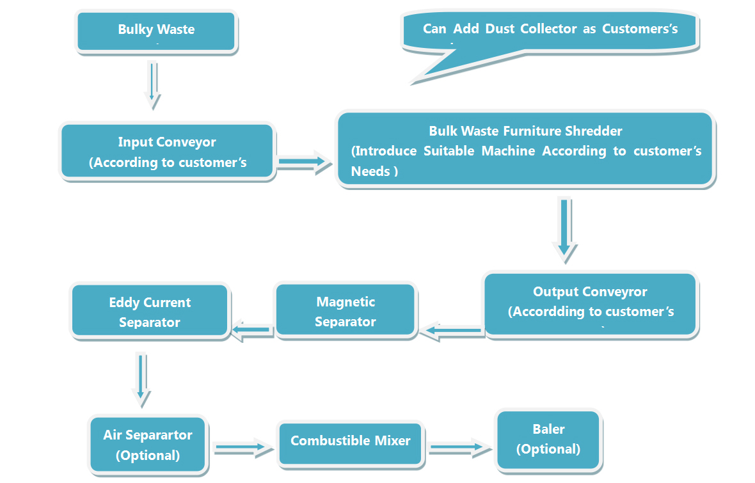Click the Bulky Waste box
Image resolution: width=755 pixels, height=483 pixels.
tap(157, 30)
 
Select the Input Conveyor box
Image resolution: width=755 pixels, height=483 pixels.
tap(168, 152)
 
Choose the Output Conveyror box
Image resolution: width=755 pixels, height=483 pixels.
tap(590, 304)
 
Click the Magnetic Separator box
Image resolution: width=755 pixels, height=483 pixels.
tap(346, 311)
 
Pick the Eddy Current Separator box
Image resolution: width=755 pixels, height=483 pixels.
tap(150, 312)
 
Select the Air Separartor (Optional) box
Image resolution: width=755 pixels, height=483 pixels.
tap(148, 445)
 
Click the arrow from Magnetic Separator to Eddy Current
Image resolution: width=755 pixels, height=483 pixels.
tap(251, 330)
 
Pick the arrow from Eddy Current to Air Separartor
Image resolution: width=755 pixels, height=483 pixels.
tap(141, 379)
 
